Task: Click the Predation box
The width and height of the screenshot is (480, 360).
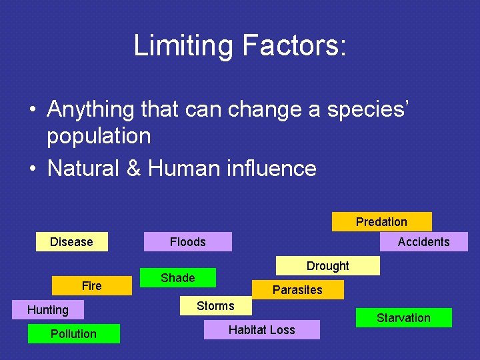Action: point(381,222)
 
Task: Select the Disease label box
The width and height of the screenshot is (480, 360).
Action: point(72,242)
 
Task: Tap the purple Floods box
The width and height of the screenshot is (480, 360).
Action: point(188,242)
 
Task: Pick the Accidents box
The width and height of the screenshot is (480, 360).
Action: point(423,242)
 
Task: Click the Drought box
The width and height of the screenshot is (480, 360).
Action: point(328,266)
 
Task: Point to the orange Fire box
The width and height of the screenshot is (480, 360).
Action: point(91,286)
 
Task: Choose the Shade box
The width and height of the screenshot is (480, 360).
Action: point(178,278)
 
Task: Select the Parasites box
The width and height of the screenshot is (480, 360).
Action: point(297,290)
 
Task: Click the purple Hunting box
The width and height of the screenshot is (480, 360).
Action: point(48,310)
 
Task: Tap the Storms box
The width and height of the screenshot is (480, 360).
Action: point(215,306)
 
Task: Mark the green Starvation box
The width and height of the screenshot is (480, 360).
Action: point(403,318)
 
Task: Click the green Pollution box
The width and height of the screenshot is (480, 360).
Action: point(73,334)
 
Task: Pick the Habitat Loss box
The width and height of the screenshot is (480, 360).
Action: point(261,330)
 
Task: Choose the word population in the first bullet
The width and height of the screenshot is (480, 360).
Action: point(99,136)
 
